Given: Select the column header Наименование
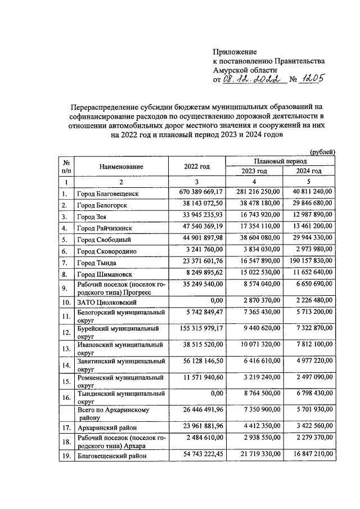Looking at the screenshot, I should tap(121, 166).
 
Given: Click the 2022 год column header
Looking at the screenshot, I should tap(196, 166).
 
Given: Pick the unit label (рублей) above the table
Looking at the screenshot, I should tap(323, 151).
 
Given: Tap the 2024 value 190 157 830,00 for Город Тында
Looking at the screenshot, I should tap(308, 263).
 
